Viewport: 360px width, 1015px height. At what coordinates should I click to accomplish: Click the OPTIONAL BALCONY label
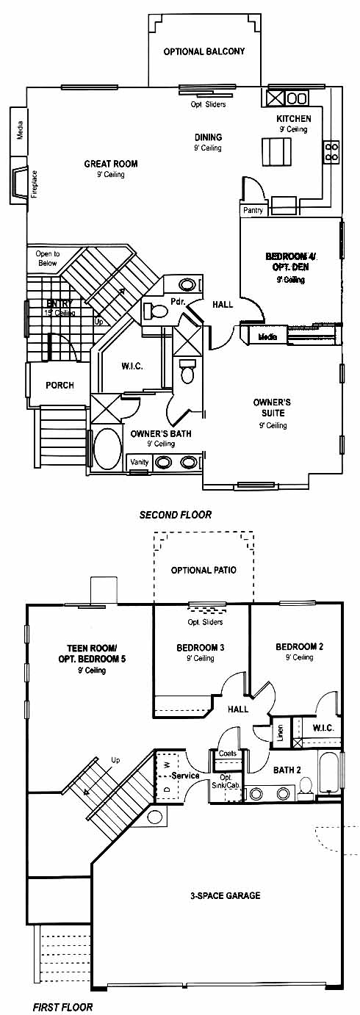tap(204, 51)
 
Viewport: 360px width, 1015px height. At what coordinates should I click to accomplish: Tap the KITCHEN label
tap(294, 119)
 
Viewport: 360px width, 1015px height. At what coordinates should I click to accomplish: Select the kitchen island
tap(276, 153)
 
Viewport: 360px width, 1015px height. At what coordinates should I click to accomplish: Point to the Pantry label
tap(253, 210)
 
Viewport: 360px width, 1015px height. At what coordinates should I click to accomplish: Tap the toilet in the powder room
tap(154, 311)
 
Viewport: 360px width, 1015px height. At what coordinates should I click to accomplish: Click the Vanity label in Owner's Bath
tap(139, 462)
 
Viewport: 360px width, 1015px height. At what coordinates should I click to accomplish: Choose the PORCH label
tap(60, 385)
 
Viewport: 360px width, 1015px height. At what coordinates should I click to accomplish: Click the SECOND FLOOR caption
tap(176, 515)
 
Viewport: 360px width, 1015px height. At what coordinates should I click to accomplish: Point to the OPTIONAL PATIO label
tap(204, 570)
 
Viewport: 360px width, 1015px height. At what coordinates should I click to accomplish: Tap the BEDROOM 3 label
tap(201, 648)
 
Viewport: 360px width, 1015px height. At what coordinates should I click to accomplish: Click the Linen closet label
tap(280, 731)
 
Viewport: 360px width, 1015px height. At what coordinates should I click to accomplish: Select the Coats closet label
tap(228, 753)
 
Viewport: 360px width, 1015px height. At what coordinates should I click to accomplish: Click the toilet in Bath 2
tap(306, 785)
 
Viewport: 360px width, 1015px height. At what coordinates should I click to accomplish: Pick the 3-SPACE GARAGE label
tap(226, 895)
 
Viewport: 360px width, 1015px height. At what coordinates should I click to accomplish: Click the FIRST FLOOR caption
tap(62, 1007)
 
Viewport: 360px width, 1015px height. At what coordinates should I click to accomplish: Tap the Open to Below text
tap(47, 259)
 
